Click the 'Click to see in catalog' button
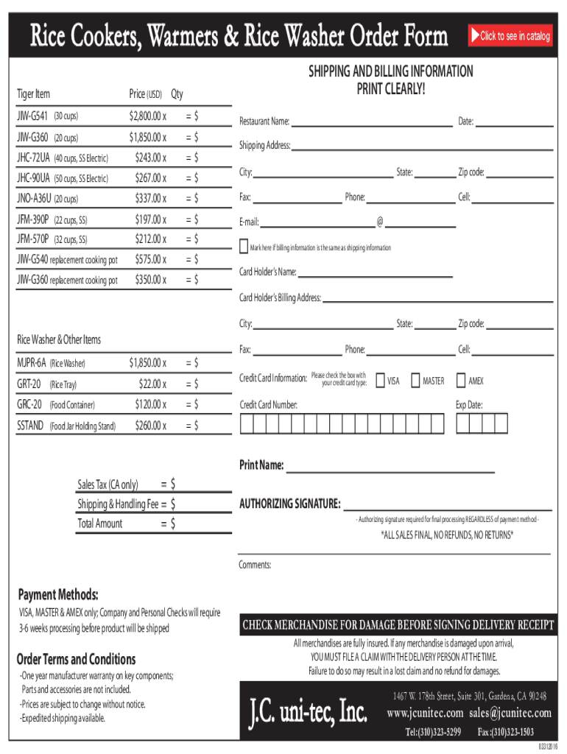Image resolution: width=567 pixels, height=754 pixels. tap(510, 36)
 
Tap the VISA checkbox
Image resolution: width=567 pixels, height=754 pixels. tap(380, 381)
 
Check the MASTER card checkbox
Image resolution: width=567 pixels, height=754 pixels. tap(415, 381)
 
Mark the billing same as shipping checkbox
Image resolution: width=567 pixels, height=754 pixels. tap(243, 246)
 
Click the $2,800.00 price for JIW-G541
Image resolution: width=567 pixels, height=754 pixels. tap(146, 116)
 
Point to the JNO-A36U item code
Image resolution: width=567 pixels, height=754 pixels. tap(34, 198)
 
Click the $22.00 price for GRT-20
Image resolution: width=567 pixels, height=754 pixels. tap(152, 384)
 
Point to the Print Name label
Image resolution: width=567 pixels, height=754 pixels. tap(261, 465)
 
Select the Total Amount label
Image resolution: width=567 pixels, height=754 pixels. tap(100, 524)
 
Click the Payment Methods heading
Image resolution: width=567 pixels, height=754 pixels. tap(58, 594)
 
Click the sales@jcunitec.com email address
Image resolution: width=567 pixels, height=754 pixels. tap(511, 713)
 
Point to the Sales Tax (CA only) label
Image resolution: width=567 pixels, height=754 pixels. tap(108, 485)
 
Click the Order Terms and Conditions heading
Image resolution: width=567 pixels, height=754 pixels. tap(76, 659)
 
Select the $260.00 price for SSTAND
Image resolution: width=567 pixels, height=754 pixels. tap(149, 425)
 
